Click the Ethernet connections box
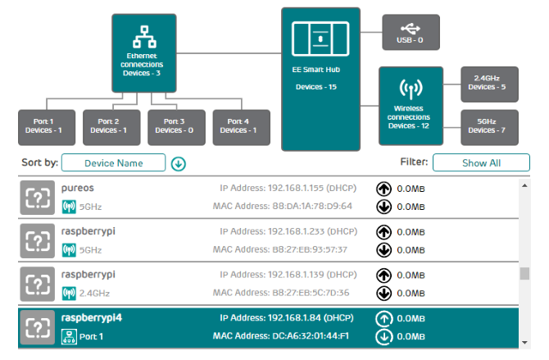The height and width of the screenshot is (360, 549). [144, 52]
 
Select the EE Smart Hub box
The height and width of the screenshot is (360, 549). [320, 79]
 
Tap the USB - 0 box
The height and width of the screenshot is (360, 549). [410, 32]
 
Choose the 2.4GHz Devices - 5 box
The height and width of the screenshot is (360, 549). [489, 83]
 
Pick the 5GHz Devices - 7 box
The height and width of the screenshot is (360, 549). [489, 126]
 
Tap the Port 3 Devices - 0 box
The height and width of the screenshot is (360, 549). [176, 126]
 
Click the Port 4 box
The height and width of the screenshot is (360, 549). [241, 126]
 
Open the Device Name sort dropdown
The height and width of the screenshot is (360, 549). [113, 162]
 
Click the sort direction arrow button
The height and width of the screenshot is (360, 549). [179, 163]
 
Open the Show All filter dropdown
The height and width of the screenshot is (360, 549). [481, 162]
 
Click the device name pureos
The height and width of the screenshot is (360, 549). [78, 188]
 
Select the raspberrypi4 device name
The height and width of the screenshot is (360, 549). [91, 317]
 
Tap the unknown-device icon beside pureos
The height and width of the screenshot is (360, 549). [37, 197]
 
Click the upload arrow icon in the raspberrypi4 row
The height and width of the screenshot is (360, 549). [383, 318]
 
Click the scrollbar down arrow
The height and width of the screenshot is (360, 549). [524, 341]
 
